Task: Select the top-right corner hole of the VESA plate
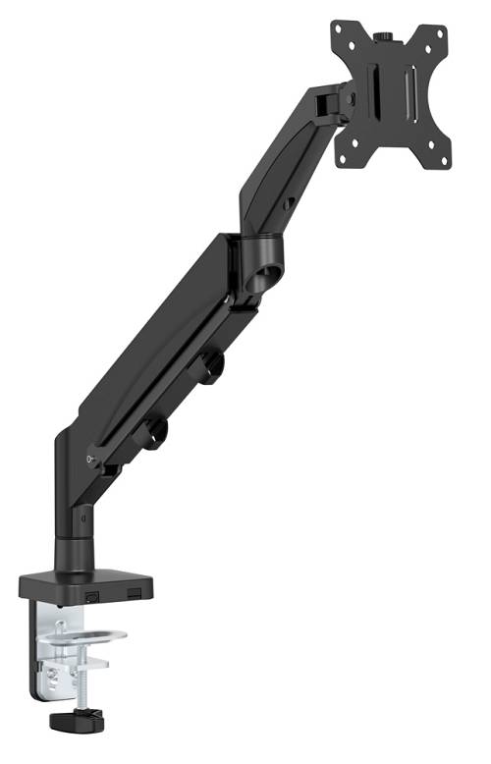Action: pos(434,35)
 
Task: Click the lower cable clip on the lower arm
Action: pos(153,433)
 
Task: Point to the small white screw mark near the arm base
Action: pos(90,460)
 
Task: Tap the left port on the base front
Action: pos(91,595)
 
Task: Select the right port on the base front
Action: pos(131,593)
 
